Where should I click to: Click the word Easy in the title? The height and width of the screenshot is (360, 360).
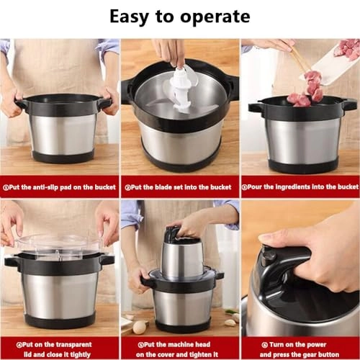tap(130, 17)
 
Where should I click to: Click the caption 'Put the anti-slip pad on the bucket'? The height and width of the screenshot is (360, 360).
tap(60, 186)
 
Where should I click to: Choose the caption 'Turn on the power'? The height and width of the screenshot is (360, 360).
tap(301, 343)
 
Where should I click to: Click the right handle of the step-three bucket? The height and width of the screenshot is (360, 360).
tap(349, 104)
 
